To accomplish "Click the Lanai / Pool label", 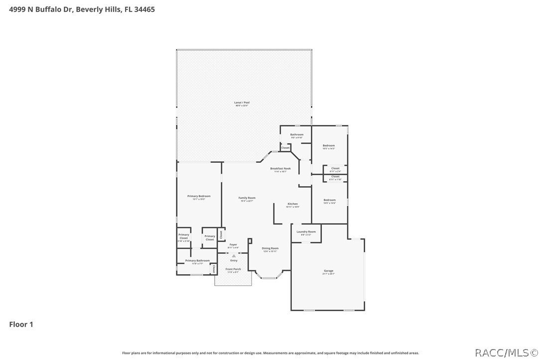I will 242,103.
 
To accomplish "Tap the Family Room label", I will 247,198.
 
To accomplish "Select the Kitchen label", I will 292,204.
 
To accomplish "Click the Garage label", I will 328,271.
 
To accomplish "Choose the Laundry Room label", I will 306,232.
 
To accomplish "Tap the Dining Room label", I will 270,248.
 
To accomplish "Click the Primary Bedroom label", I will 199,196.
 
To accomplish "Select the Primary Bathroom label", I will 197,260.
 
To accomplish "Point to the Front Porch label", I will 233,269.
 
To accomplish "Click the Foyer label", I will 233,244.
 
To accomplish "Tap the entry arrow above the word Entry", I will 233,256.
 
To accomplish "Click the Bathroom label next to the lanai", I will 297,134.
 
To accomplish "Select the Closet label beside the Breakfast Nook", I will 285,148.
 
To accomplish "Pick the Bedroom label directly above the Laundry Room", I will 329,200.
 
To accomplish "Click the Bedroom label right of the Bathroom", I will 328,145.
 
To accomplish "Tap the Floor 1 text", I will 21,324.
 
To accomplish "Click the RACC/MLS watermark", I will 505,353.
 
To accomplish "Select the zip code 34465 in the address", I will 144,9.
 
